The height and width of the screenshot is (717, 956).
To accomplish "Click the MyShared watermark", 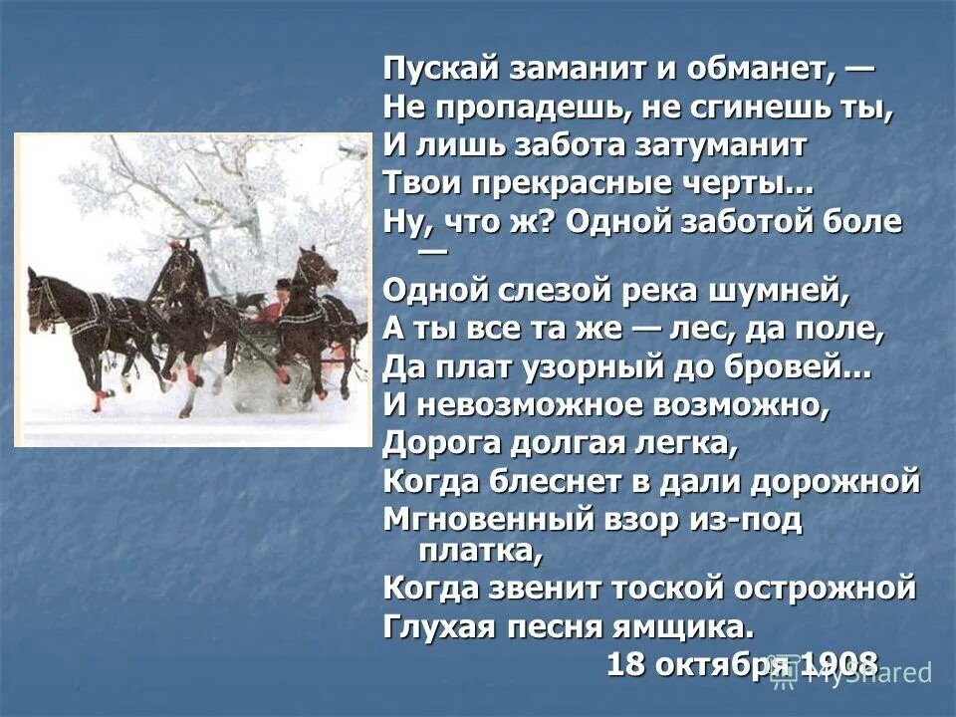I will (856, 673).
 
